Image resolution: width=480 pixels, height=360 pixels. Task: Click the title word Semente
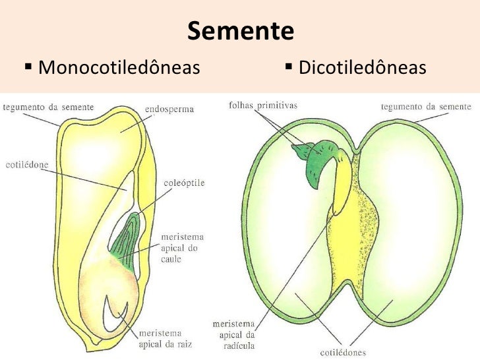tap(241, 31)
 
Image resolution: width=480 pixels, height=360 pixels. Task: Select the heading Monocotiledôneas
tap(119, 67)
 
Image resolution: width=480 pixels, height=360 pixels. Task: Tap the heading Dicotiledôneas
tap(363, 67)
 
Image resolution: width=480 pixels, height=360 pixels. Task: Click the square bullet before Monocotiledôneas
tap(28, 67)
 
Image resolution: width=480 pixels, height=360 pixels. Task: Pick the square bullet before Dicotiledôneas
tap(288, 67)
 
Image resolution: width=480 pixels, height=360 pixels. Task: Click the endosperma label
tap(169, 109)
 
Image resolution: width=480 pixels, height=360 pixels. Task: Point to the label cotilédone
tap(27, 165)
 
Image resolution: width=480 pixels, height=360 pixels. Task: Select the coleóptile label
tap(184, 183)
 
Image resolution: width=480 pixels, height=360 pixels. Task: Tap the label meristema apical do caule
tap(183, 248)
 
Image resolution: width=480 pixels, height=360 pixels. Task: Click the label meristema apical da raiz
tap(165, 339)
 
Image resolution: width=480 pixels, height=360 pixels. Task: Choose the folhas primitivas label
tap(263, 105)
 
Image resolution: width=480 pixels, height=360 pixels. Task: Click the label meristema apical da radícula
tap(234, 335)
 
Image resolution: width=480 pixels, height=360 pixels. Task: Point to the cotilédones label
tap(343, 353)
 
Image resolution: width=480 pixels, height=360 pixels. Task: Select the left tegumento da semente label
tap(48, 107)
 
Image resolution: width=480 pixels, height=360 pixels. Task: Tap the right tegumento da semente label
tap(426, 107)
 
